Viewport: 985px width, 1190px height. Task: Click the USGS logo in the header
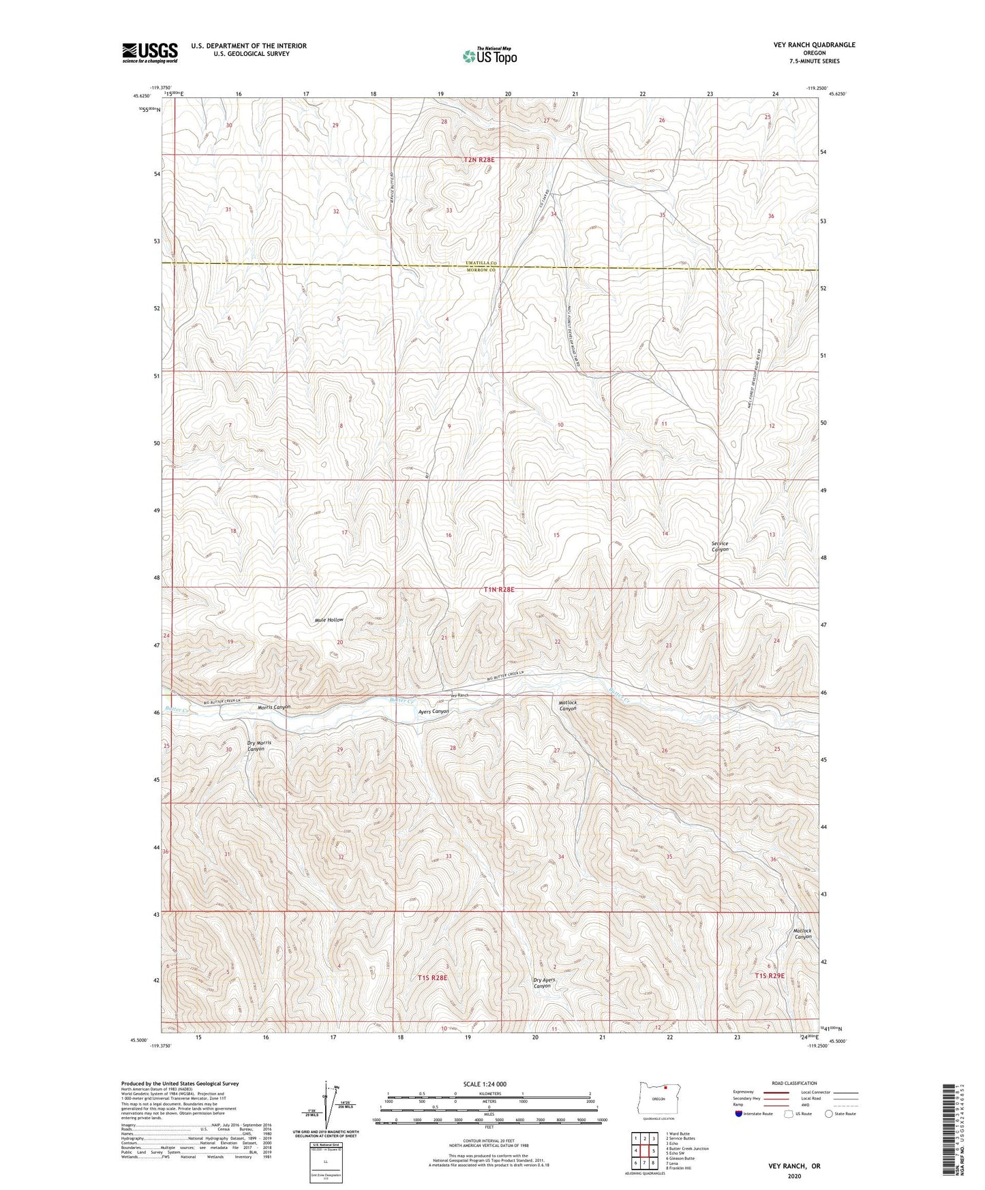click(150, 52)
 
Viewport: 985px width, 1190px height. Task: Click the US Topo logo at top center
click(489, 56)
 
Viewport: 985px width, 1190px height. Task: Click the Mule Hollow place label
click(329, 620)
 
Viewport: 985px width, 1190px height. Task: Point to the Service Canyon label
click(720, 546)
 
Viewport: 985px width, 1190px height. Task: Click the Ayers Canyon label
click(433, 711)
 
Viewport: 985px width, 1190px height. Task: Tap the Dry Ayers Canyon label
click(543, 983)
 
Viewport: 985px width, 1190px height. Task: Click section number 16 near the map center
click(449, 535)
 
